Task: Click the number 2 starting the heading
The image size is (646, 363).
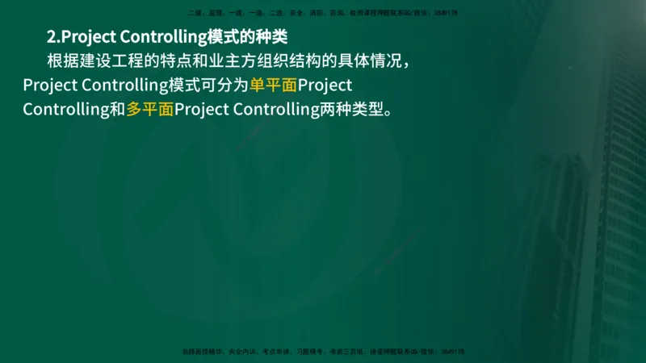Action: point(51,37)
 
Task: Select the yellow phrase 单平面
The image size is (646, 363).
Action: point(273,85)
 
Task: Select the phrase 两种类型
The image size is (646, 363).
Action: point(350,109)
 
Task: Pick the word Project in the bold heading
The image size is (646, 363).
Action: point(88,37)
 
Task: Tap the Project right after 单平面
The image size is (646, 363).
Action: point(324,85)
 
